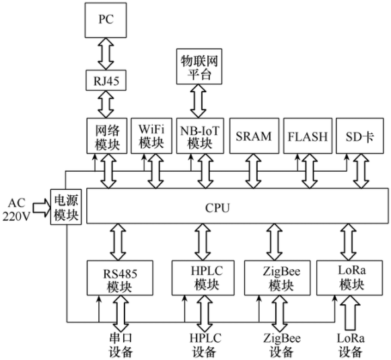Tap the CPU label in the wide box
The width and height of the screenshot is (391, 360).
[x=217, y=208]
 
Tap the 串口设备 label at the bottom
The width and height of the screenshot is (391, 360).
[x=120, y=345]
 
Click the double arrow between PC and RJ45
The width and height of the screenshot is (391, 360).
[x=106, y=54]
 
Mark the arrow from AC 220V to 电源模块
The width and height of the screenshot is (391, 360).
[x=42, y=207]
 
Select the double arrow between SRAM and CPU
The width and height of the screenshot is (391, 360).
[x=253, y=172]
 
